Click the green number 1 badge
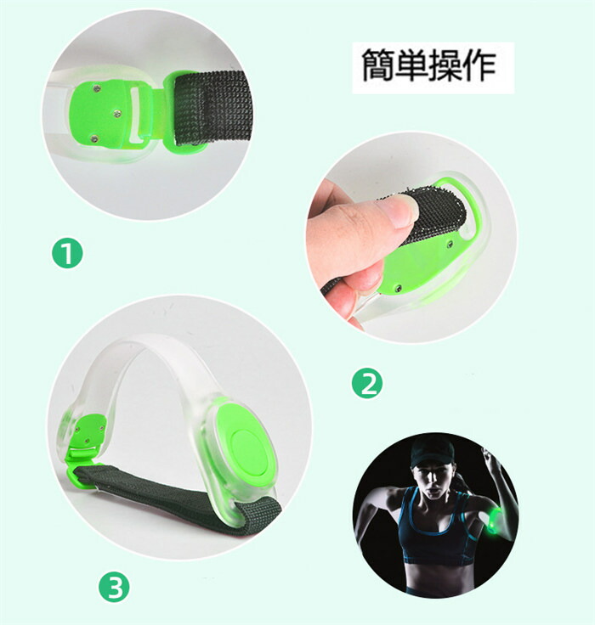(x=67, y=253)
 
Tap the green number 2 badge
(x=367, y=384)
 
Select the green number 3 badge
(x=114, y=587)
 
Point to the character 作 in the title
(x=479, y=65)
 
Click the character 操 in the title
(x=445, y=65)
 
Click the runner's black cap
(x=432, y=452)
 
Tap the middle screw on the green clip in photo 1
(x=117, y=114)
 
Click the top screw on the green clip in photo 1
(x=96, y=88)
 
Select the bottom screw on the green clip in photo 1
(x=94, y=138)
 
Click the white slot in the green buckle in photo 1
(x=136, y=115)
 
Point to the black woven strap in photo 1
(x=213, y=109)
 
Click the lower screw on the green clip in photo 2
(x=398, y=287)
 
